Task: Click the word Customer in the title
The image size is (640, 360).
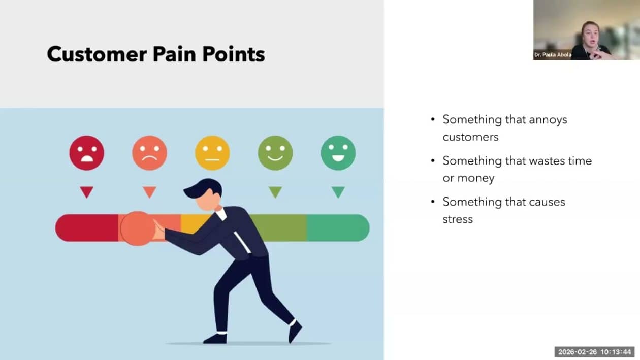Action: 97,54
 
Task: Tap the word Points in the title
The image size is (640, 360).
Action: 234,54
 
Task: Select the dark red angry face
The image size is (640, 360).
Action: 86,153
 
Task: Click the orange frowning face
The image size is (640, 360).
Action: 149,153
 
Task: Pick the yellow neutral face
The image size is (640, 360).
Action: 212,153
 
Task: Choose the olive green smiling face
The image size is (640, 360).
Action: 275,153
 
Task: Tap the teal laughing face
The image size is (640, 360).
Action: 338,153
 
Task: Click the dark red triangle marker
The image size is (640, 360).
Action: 86,191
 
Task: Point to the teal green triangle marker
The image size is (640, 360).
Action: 338,191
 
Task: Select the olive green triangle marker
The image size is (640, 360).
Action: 275,191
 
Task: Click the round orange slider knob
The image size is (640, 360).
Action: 138,228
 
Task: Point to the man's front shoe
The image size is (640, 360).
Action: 215,339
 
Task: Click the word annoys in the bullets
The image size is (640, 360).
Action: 548,120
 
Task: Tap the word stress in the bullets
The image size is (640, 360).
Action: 458,219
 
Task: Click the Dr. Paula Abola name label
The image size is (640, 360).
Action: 553,54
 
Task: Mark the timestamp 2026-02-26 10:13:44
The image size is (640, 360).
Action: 595,352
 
